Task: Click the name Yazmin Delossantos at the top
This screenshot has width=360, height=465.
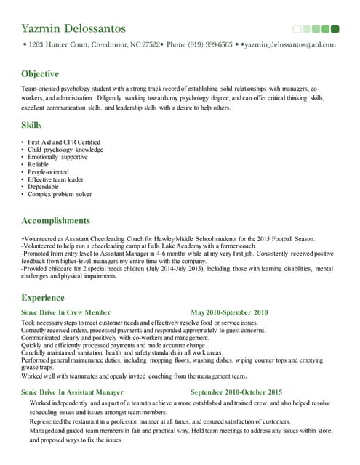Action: (x=73, y=28)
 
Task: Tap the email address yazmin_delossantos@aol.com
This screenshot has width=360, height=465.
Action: (x=290, y=44)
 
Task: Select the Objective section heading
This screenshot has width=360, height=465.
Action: (x=40, y=74)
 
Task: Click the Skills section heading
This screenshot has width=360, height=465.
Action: (x=31, y=125)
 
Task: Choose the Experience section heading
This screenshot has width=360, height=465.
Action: (x=43, y=297)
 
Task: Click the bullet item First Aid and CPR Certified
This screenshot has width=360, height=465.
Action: (x=64, y=142)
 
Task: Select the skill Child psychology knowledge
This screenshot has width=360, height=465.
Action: (x=65, y=150)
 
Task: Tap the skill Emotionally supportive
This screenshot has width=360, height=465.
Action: (x=57, y=157)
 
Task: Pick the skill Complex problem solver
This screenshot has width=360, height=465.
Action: (x=60, y=194)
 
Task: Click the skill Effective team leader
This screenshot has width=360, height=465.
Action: (x=56, y=179)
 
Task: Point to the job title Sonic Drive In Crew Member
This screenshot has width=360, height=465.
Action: (x=66, y=312)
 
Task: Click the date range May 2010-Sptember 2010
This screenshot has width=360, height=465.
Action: (x=229, y=312)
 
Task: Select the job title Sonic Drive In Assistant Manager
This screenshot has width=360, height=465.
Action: (x=72, y=392)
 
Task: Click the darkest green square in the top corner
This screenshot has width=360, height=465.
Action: (x=335, y=29)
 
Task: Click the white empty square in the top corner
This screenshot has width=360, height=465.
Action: (x=297, y=29)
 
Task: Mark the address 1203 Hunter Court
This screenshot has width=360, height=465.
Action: (x=58, y=44)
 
